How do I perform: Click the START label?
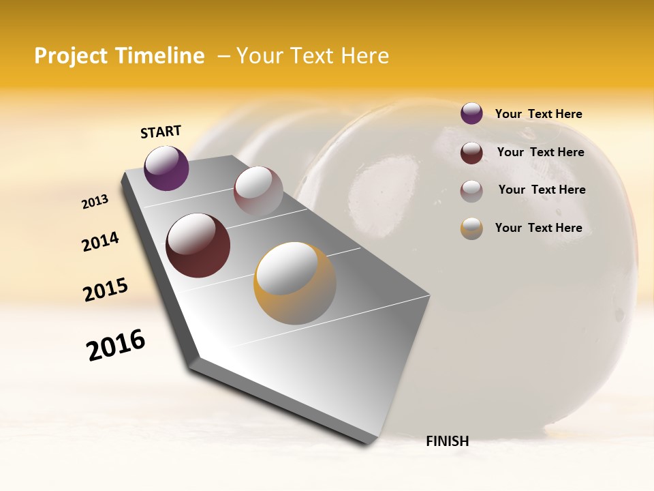point(161,132)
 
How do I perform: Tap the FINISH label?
point(447,441)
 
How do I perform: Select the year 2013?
point(95,202)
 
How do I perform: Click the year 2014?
point(101,241)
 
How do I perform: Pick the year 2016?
point(116,345)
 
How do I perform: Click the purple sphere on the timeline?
point(166,168)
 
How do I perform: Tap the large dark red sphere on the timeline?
point(198,245)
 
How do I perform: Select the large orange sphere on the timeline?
point(295,282)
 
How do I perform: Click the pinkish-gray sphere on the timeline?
point(258,192)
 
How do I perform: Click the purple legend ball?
point(471,114)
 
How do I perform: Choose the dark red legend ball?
point(471,153)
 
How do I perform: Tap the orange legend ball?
point(471,228)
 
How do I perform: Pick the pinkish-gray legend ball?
point(471,191)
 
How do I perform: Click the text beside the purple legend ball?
point(538,115)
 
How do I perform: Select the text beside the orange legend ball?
point(538,228)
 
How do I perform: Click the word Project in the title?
point(71,56)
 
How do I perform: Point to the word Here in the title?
point(364,56)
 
